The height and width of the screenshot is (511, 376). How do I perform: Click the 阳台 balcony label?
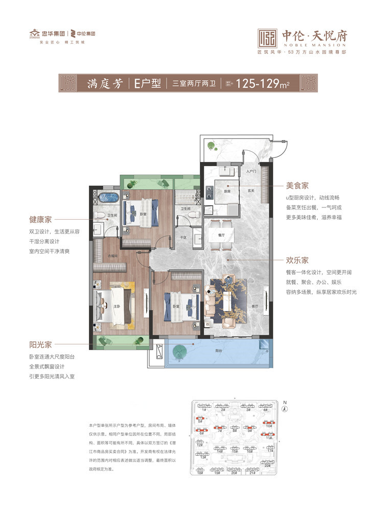point(219,351)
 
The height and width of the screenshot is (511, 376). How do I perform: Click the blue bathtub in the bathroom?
point(108,197)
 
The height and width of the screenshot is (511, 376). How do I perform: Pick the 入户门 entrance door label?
point(250,171)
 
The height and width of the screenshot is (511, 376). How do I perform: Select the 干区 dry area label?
point(182,237)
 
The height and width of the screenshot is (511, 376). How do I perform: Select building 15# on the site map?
point(234,451)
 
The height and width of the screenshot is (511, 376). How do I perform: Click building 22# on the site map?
point(267,466)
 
